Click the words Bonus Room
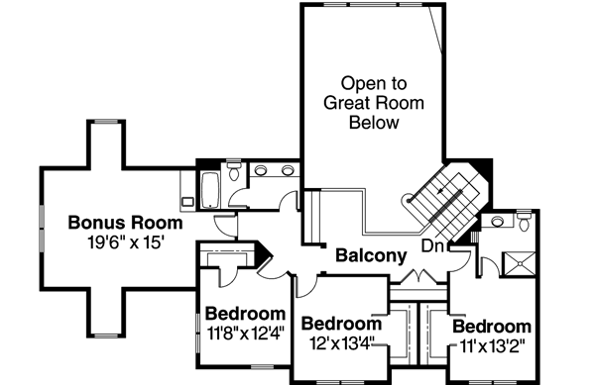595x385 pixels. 125,221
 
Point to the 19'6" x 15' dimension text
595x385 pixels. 125,240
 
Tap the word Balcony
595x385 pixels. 371,255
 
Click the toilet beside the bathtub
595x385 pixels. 233,174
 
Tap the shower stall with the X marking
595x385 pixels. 519,263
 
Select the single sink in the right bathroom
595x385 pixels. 496,216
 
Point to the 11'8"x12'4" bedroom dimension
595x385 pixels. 246,333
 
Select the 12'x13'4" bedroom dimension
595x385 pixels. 341,343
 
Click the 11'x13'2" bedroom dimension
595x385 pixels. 491,346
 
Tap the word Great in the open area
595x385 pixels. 345,102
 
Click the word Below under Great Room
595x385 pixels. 373,123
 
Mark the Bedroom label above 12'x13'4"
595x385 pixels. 341,324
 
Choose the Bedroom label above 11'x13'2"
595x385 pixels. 491,327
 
